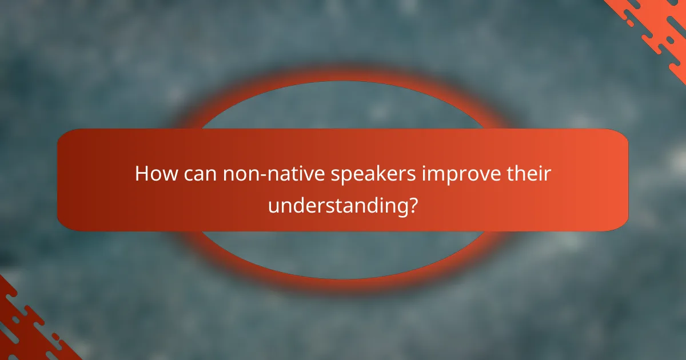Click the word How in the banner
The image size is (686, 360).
coord(153,174)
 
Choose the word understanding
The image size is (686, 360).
coord(337,205)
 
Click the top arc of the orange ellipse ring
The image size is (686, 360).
coord(343,79)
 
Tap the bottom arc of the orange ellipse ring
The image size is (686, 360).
coord(343,281)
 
